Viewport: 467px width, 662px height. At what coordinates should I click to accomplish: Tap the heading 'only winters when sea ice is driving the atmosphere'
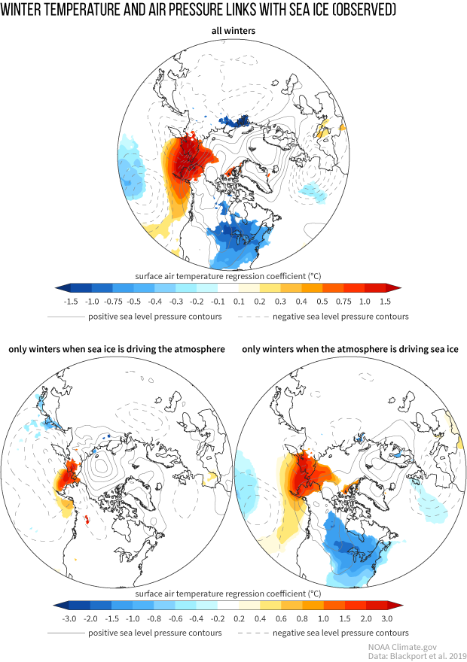117,350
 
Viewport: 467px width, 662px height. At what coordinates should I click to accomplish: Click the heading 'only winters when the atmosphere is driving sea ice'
351,350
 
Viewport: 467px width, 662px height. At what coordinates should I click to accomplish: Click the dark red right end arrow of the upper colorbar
395,287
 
